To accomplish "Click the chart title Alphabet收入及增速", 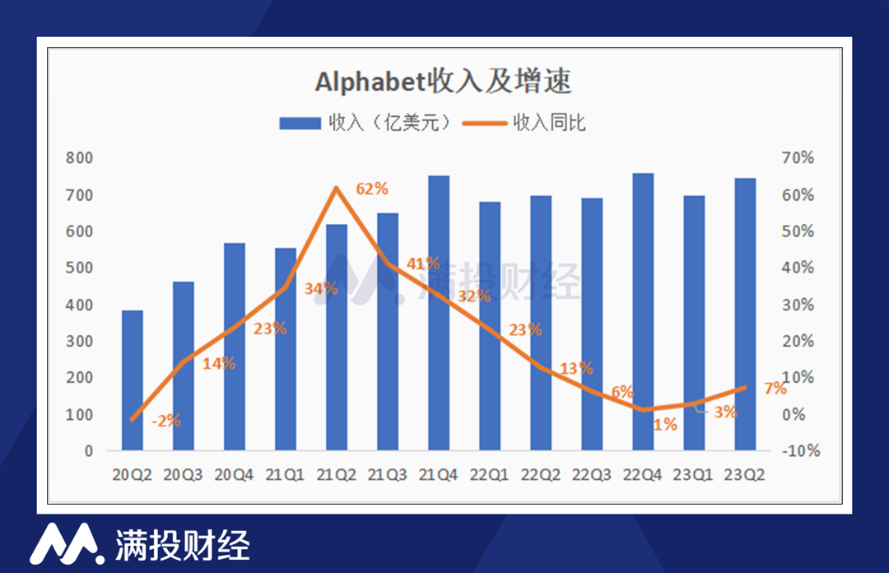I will [443, 82].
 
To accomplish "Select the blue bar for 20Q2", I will [132, 380].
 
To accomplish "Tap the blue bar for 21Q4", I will [439, 313].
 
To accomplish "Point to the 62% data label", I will [371, 189].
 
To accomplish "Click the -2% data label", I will [165, 421].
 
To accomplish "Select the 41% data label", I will [423, 264].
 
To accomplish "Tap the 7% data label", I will [775, 389].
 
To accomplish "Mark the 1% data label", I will [665, 425].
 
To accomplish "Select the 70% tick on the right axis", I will [798, 158].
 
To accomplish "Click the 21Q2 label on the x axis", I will [337, 474].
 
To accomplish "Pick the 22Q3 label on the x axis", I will [592, 474].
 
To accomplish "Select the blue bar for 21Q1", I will [286, 349].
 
